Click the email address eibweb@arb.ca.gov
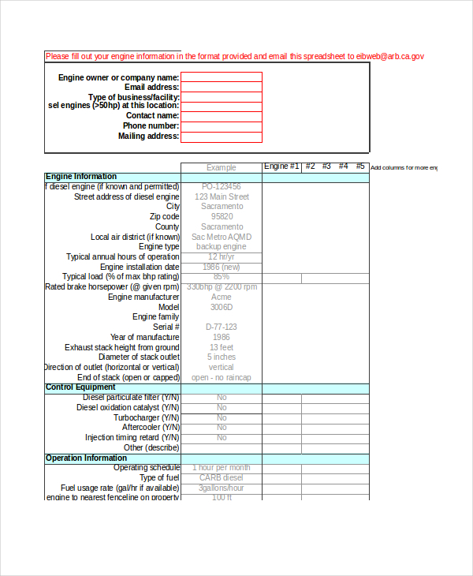pos(390,56)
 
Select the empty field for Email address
pos(222,87)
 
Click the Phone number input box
pos(222,126)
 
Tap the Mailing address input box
pos(222,137)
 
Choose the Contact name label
pos(152,116)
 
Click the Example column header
pos(222,167)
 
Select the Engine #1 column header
pos(281,166)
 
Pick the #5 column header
pos(360,166)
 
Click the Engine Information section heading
pos(81,177)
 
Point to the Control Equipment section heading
pos(80,387)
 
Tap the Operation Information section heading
pos(86,458)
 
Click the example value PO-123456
pos(222,187)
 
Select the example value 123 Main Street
pos(222,197)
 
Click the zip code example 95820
pos(222,217)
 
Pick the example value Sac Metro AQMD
pos(222,237)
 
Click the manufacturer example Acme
pos(222,297)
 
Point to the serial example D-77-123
pos(222,327)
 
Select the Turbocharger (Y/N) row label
pos(146,417)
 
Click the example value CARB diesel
pos(222,478)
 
